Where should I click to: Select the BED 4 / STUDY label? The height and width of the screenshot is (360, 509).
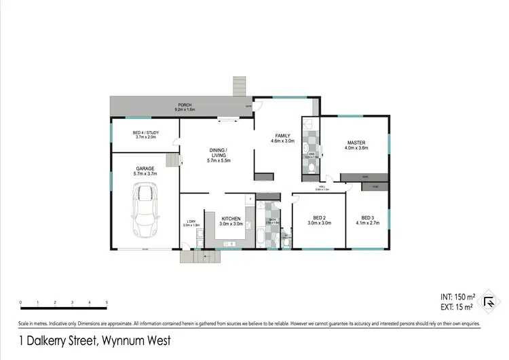[x=145, y=132]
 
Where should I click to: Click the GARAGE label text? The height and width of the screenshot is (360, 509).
[x=145, y=168]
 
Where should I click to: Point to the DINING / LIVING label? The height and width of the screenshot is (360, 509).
[x=219, y=152]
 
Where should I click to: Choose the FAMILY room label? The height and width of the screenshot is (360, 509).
[x=282, y=136]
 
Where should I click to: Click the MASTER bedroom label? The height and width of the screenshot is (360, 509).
[x=356, y=143]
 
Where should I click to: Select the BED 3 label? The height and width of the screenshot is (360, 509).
[x=368, y=217]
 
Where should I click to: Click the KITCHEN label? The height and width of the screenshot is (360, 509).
[x=231, y=218]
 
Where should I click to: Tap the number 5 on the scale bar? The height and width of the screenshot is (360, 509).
[x=107, y=302]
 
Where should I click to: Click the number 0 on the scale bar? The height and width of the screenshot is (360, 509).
[x=20, y=302]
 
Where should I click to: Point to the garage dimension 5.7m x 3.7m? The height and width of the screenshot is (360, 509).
[x=145, y=174]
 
